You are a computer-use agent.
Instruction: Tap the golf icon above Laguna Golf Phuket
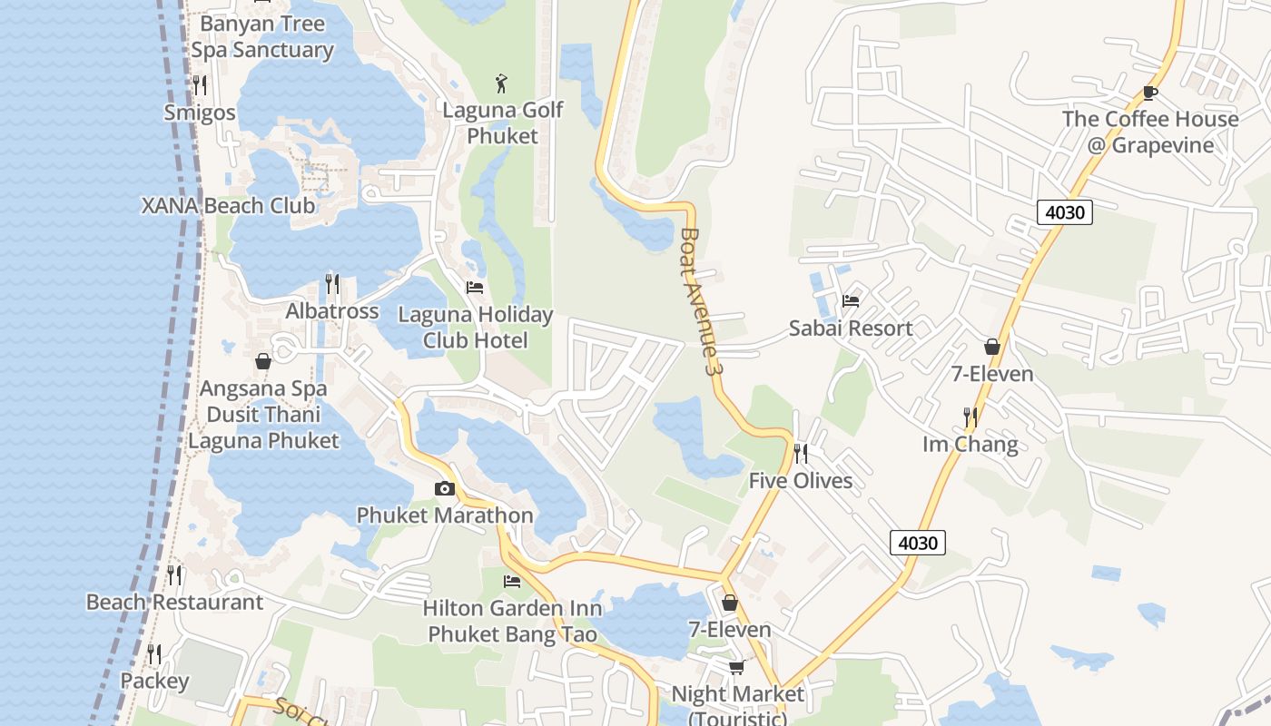click(501, 84)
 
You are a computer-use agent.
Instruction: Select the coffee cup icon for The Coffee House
click(1150, 92)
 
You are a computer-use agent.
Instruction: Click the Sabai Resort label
click(850, 329)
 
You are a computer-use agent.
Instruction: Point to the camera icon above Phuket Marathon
click(445, 489)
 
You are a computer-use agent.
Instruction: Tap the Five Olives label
click(801, 481)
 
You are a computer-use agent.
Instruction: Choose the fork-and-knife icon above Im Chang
click(970, 417)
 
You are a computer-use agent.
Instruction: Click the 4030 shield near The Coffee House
click(1064, 212)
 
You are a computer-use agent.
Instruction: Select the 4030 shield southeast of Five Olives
click(918, 543)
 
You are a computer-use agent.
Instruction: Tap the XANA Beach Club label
click(229, 206)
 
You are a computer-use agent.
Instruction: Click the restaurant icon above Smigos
click(200, 85)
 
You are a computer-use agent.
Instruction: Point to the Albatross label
click(332, 311)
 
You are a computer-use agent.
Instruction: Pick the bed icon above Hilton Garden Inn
click(512, 581)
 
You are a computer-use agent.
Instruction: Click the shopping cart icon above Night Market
click(736, 667)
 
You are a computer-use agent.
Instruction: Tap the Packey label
click(154, 682)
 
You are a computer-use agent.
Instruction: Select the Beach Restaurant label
click(174, 603)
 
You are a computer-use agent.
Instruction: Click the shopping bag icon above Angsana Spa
click(263, 361)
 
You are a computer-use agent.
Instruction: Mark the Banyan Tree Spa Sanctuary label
click(262, 36)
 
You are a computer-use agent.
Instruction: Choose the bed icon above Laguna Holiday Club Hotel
click(475, 288)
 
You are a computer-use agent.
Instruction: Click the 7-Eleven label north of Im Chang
click(991, 374)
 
